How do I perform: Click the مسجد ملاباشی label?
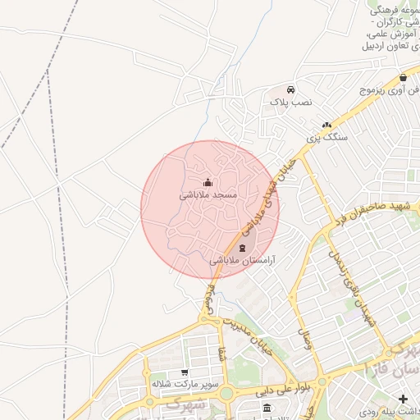click(x=208, y=196)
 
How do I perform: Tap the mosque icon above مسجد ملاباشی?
click(x=208, y=183)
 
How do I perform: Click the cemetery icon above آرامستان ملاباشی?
click(x=242, y=248)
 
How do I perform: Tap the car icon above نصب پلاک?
click(x=291, y=89)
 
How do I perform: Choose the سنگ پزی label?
click(x=327, y=138)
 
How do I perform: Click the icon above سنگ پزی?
click(x=326, y=125)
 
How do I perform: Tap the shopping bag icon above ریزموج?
click(x=404, y=77)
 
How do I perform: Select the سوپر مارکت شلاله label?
click(x=182, y=383)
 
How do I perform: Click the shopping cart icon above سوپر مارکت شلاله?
click(x=184, y=372)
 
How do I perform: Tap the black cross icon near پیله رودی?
click(x=402, y=399)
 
